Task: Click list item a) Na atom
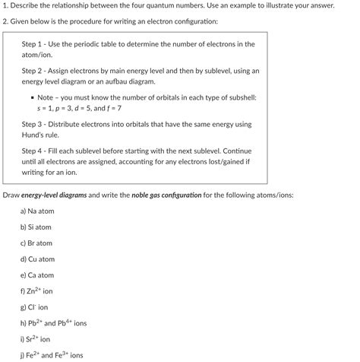point(37,211)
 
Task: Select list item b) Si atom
point(36,227)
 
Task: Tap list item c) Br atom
point(36,243)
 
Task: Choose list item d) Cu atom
point(37,259)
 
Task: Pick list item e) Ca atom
point(37,275)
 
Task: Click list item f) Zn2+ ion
point(37,291)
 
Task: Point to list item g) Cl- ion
point(34,307)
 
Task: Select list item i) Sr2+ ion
point(36,339)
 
